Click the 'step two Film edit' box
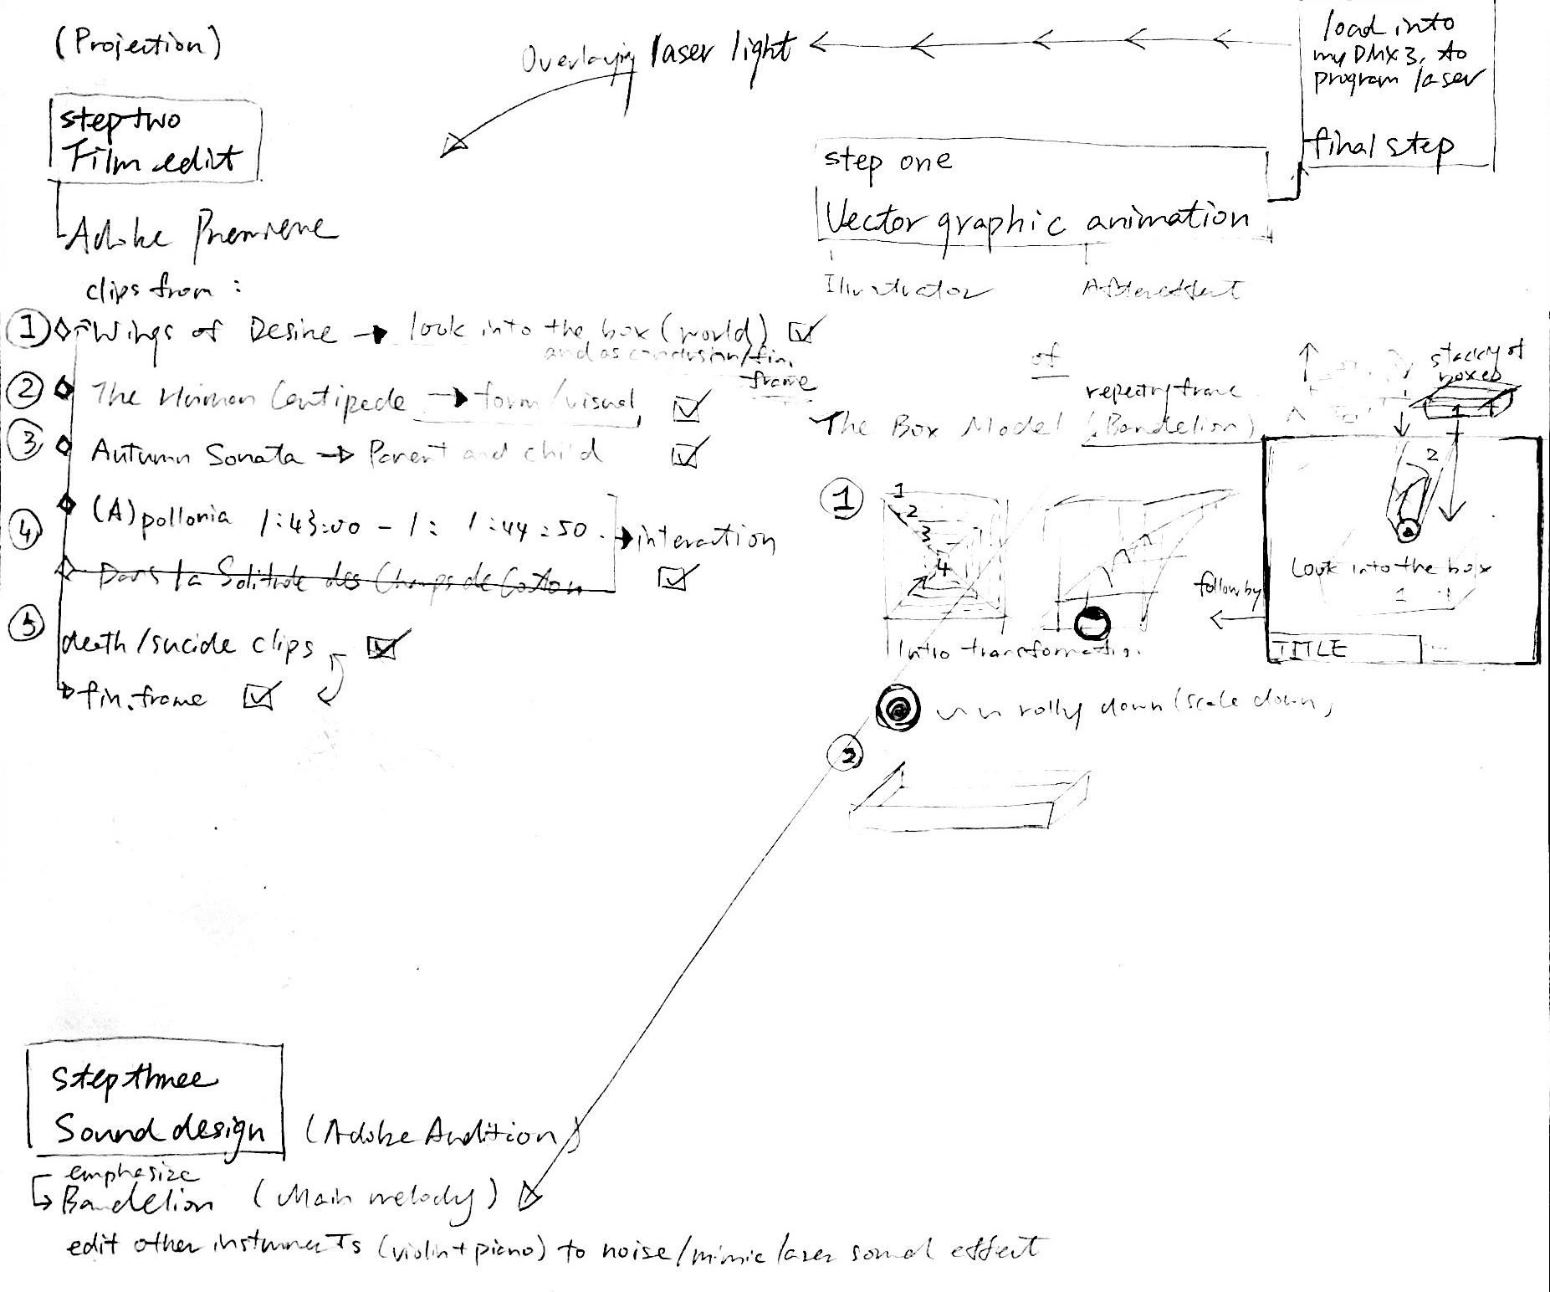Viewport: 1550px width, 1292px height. point(156,141)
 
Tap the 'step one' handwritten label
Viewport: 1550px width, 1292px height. point(887,160)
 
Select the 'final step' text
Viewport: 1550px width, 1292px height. point(1380,148)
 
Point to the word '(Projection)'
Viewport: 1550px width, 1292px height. point(138,43)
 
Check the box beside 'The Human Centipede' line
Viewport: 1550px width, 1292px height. point(688,407)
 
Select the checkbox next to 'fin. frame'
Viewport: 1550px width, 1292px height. point(259,696)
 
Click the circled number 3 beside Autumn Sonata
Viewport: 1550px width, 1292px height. point(28,443)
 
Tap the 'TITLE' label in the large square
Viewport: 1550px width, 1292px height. point(1309,649)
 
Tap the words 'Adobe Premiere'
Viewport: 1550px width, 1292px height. point(201,232)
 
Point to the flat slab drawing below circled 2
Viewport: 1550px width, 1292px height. point(970,801)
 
